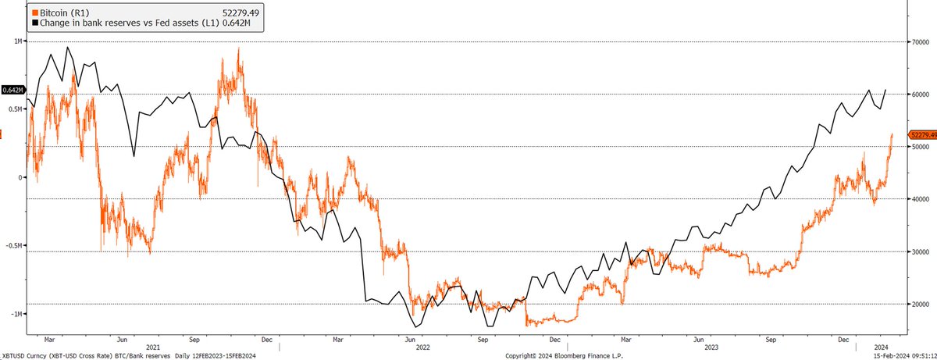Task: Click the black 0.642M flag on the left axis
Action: (x=12, y=90)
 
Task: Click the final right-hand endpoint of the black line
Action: (x=886, y=90)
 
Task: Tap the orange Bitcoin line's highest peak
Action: (x=239, y=48)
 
